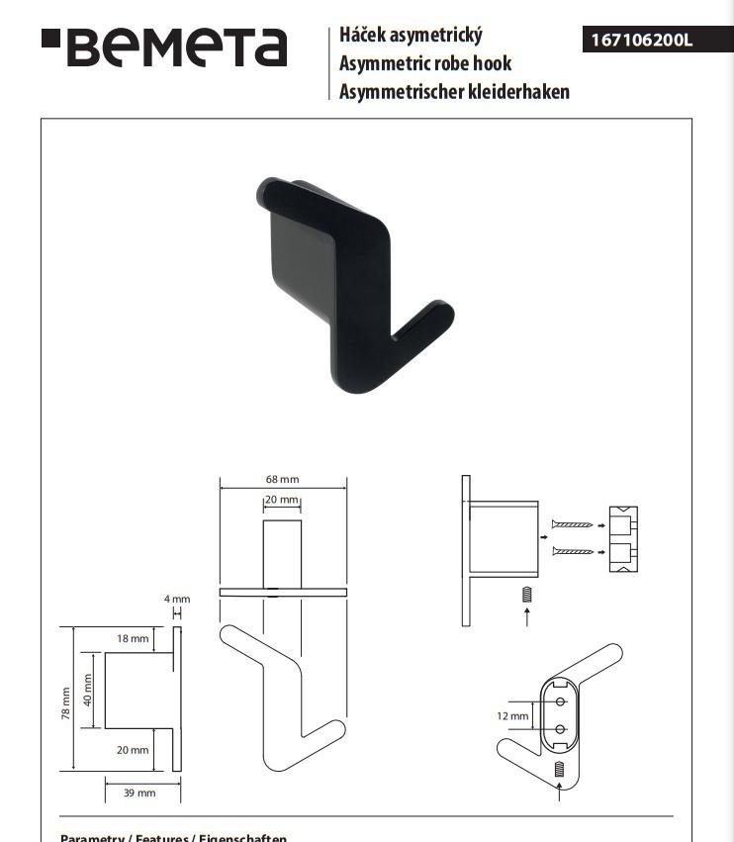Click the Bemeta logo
point(164,47)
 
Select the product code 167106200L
point(641,41)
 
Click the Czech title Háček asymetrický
point(411,35)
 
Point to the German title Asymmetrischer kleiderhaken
point(454,92)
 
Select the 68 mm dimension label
point(282,479)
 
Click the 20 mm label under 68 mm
point(281,500)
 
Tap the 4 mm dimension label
point(177,599)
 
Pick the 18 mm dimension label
point(133,638)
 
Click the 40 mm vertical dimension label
point(87,690)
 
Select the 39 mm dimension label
point(139,793)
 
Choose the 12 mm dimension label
point(512,715)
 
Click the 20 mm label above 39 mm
point(133,750)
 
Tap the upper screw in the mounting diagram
point(573,524)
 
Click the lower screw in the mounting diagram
point(573,550)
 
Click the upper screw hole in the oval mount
point(560,702)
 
